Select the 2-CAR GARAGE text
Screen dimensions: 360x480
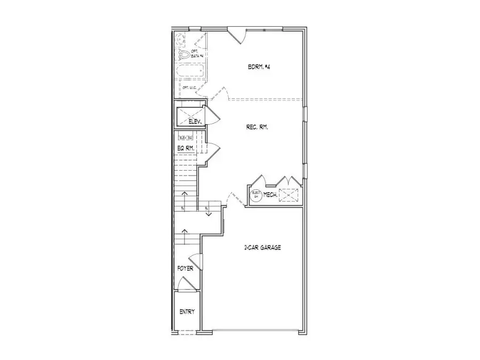pyautogui.click(x=262, y=247)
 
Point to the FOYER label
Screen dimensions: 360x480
pyautogui.click(x=185, y=268)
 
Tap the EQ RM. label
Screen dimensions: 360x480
pyautogui.click(x=185, y=148)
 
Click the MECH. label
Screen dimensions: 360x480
pyautogui.click(x=271, y=195)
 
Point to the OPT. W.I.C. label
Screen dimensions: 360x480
pyautogui.click(x=189, y=87)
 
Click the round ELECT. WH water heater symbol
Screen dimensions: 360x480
pyautogui.click(x=256, y=195)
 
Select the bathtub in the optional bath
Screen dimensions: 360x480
pyautogui.click(x=191, y=71)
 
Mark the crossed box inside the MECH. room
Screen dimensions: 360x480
pyautogui.click(x=290, y=195)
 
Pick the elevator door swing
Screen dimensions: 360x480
pyautogui.click(x=210, y=115)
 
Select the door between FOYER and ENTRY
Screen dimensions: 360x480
pyautogui.click(x=186, y=284)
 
